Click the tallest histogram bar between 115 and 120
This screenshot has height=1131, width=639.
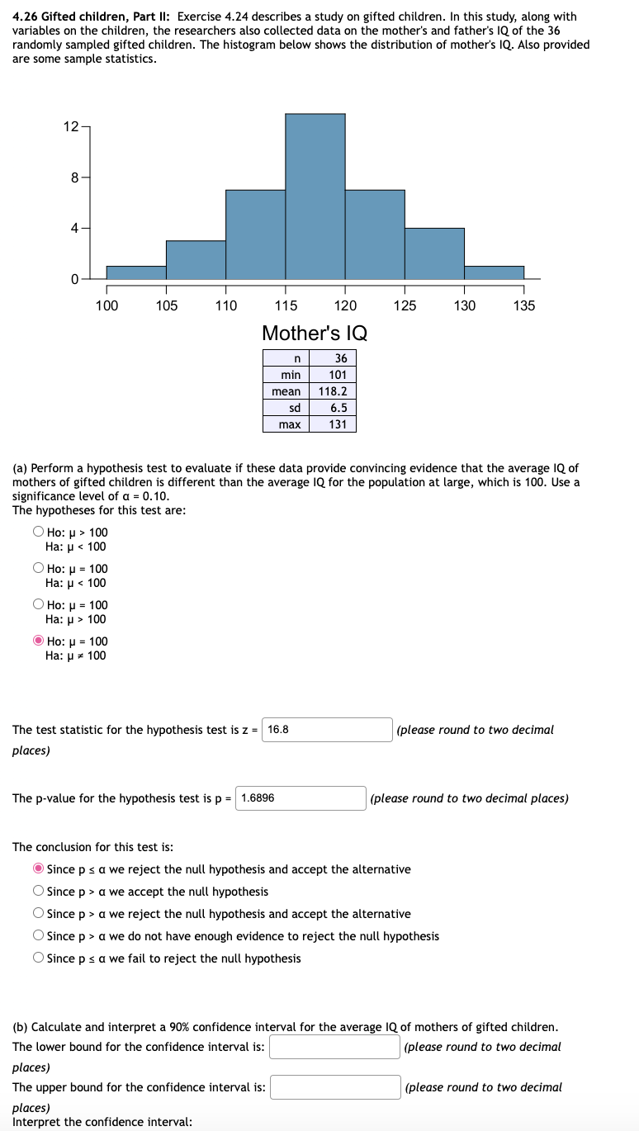(315, 196)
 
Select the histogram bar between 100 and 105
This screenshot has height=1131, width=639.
(136, 272)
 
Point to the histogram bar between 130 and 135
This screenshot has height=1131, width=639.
(494, 272)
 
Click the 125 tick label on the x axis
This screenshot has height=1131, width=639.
(405, 306)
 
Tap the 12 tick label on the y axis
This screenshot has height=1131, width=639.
(70, 126)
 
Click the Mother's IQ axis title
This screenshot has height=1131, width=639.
(315, 334)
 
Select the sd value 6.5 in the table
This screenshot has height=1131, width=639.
(338, 408)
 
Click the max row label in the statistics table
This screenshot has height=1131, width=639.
(290, 424)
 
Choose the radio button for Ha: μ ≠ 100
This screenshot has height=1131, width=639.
(39, 641)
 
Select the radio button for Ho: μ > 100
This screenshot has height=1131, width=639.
(39, 532)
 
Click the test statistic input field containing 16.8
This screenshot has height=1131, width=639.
(328, 730)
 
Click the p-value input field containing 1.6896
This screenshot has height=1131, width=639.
(302, 798)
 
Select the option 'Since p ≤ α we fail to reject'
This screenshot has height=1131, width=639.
(39, 958)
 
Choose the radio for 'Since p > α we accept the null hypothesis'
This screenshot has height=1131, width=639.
(39, 892)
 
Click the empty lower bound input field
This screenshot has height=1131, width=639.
(334, 1047)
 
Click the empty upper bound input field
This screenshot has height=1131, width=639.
(335, 1087)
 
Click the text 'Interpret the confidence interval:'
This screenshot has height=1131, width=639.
(102, 1122)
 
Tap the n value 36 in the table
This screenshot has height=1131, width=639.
(340, 358)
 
